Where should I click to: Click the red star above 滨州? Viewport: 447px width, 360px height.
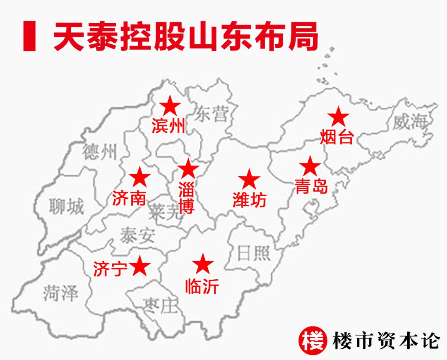(170, 106)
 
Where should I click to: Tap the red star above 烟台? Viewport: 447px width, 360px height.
(339, 117)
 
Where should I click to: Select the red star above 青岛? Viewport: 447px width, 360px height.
(310, 166)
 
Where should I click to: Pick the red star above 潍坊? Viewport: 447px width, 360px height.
(249, 180)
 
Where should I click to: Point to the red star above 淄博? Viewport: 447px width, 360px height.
(188, 169)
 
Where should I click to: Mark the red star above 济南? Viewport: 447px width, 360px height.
(139, 178)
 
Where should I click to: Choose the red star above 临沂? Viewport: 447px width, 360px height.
(203, 264)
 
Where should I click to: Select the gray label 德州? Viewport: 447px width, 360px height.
(100, 152)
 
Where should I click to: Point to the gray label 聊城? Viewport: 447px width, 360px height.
(66, 206)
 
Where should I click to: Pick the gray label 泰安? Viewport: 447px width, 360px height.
(137, 235)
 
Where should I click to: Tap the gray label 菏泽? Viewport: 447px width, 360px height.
(60, 293)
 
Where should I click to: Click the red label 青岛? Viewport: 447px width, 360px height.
(311, 187)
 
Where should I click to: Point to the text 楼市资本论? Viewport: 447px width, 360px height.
(385, 341)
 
